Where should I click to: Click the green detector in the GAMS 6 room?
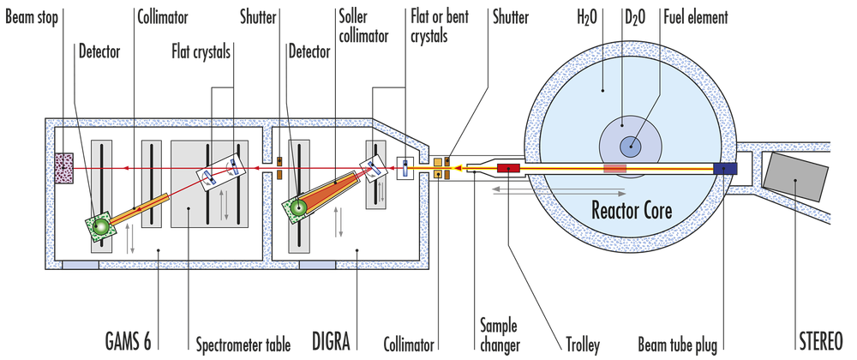100,225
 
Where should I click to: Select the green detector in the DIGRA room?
297,207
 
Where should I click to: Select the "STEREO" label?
827,337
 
